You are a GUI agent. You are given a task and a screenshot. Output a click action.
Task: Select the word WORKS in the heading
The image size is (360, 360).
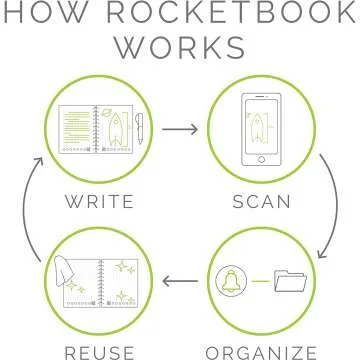[179, 48]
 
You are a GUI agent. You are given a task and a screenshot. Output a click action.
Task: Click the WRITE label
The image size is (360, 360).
[99, 201]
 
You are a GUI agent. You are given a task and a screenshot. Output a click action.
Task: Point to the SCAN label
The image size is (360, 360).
[262, 201]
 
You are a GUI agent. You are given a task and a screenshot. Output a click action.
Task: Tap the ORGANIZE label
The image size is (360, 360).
[262, 350]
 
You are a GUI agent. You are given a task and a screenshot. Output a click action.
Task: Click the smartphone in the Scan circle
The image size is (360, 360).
[262, 130]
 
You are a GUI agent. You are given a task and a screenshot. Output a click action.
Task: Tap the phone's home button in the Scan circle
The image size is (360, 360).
[262, 160]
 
